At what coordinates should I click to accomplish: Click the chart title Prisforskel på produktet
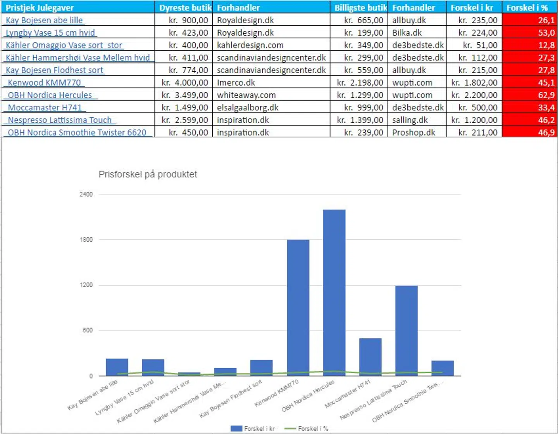tap(148, 174)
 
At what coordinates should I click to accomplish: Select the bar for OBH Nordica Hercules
tap(334, 293)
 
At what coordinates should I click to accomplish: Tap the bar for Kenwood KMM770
tap(298, 308)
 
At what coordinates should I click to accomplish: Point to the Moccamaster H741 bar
tap(370, 357)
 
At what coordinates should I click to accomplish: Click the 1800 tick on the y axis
tap(86, 239)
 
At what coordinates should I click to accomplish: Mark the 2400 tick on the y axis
tap(86, 194)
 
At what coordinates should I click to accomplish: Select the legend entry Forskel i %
tap(307, 429)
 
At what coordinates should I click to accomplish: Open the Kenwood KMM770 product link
tap(44, 83)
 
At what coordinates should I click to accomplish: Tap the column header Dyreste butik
tap(185, 8)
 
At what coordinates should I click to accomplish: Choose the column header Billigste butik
tap(360, 8)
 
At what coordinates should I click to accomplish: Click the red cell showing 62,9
tap(530, 95)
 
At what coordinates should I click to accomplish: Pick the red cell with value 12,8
tap(530, 45)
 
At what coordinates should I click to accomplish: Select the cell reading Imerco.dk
tap(236, 83)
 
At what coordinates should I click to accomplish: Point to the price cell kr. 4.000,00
tap(184, 83)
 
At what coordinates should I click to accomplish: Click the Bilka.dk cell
tap(407, 33)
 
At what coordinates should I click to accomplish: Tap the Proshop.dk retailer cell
tap(413, 133)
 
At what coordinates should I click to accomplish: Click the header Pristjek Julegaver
tap(40, 8)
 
